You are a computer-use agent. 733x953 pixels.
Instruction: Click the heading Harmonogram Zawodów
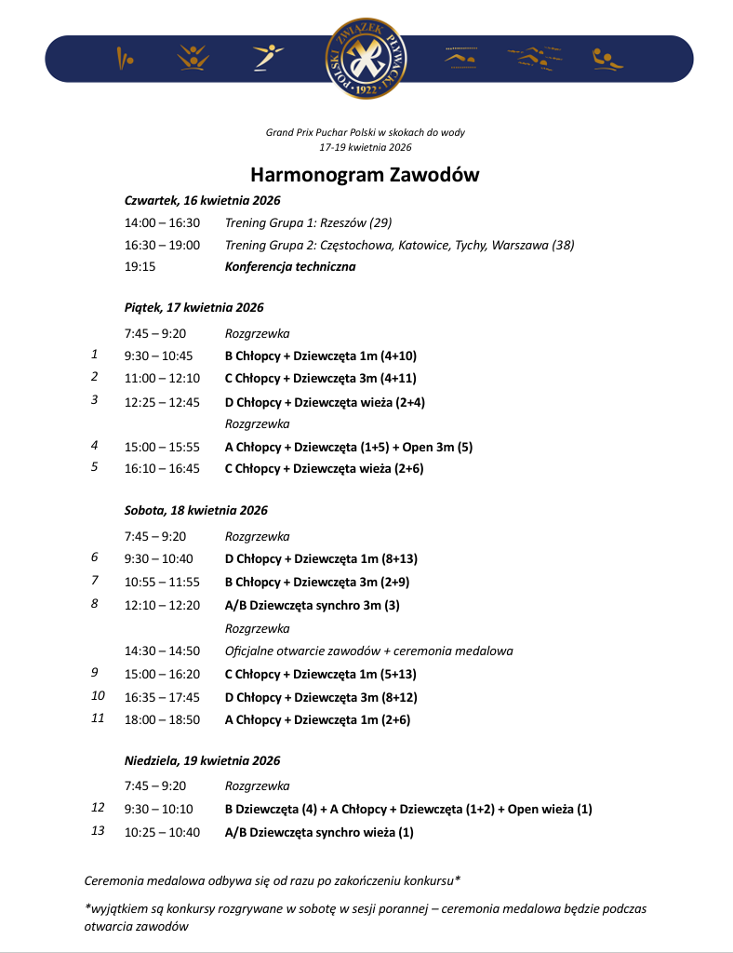click(x=366, y=175)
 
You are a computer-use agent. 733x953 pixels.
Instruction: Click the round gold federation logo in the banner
click(x=366, y=59)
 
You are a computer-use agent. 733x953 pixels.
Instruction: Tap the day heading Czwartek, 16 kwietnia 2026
click(x=202, y=200)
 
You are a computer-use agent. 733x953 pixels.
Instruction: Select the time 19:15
click(x=140, y=266)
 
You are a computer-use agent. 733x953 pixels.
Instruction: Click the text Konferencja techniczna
click(x=290, y=266)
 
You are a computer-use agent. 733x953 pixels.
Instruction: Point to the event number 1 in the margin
click(x=95, y=355)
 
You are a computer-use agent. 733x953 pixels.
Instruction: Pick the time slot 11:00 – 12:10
click(x=162, y=378)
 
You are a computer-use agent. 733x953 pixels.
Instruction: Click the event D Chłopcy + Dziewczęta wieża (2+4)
click(x=325, y=402)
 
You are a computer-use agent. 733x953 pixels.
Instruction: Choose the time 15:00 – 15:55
click(x=162, y=447)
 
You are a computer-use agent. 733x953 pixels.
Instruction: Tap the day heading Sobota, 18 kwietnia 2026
click(x=195, y=510)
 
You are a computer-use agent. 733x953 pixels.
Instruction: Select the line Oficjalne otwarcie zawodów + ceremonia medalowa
click(x=368, y=651)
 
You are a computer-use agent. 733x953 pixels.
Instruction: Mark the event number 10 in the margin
click(x=98, y=695)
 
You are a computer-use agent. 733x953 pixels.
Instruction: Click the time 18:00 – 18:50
click(x=162, y=719)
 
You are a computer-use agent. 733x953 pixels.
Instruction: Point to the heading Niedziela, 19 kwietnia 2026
click(x=202, y=760)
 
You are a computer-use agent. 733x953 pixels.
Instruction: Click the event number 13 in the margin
click(x=98, y=831)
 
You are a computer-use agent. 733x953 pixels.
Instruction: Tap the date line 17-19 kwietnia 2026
click(x=366, y=147)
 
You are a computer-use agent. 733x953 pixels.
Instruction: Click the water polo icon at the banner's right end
click(x=607, y=59)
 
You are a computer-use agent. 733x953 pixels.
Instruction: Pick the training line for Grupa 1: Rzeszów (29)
click(x=308, y=222)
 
